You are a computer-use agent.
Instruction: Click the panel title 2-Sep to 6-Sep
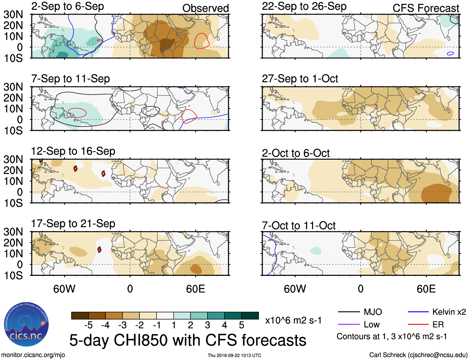tap(67, 6)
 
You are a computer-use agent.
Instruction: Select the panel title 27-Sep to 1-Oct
tap(300, 79)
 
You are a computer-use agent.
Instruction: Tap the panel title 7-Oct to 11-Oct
tap(298, 226)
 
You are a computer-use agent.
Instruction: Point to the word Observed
tap(205, 8)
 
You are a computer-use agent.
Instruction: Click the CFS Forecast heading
tap(426, 8)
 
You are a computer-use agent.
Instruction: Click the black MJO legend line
tap(348, 312)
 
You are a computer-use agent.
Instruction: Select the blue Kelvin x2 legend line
tap(418, 312)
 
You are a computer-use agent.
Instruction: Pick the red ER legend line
tap(418, 324)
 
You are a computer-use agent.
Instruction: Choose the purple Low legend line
tap(348, 324)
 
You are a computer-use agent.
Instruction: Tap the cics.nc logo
tap(26, 325)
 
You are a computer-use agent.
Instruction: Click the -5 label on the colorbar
tap(88, 325)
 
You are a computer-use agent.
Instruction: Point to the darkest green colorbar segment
tap(250, 316)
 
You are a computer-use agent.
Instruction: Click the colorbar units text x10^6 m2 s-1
tap(293, 320)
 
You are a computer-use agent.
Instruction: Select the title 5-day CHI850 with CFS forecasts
tap(188, 340)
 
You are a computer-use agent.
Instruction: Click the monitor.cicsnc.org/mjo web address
tap(33, 355)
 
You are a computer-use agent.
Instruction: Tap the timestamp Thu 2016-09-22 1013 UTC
tap(234, 355)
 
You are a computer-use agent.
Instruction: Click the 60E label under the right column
tap(426, 289)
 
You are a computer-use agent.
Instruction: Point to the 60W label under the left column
tap(64, 289)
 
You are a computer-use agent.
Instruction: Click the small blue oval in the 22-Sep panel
tap(450, 53)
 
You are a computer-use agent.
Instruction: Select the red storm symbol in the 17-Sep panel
tap(99, 249)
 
